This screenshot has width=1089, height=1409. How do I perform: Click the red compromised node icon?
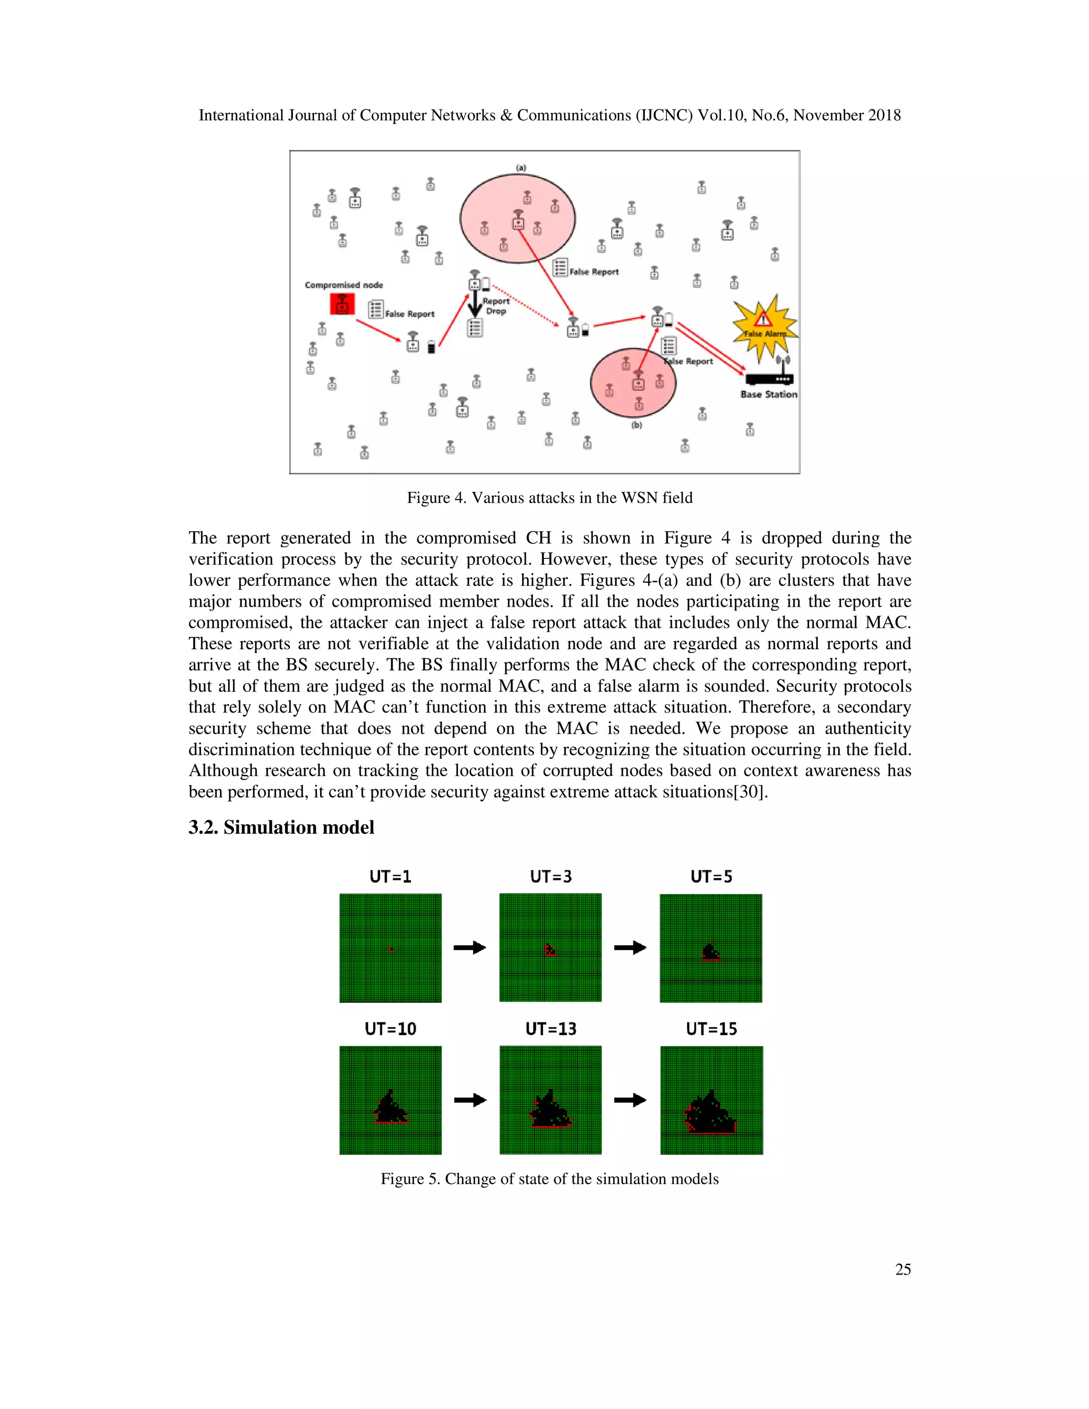point(342,303)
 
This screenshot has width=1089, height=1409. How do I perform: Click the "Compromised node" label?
point(344,284)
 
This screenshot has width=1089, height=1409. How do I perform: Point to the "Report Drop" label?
point(496,306)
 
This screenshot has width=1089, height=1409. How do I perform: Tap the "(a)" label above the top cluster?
point(521,167)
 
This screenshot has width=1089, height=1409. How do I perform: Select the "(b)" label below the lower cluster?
point(636,425)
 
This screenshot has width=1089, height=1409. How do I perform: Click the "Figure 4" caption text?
point(550,498)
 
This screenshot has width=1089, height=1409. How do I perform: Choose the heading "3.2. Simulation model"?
point(281,827)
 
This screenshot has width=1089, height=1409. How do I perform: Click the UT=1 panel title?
point(390,877)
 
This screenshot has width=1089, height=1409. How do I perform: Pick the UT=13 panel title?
point(551,1029)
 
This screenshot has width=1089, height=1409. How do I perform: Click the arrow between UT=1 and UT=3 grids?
point(470,947)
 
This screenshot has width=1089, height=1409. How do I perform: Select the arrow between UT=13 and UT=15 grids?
point(630,1100)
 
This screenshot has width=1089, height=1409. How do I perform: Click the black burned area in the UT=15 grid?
point(710,1116)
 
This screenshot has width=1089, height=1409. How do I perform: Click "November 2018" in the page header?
point(847,115)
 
